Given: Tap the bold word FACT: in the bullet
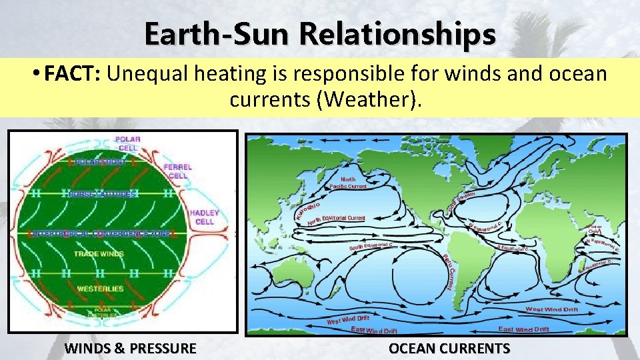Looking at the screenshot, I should pyautogui.click(x=71, y=73).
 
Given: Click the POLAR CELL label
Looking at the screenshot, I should pyautogui.click(x=128, y=143).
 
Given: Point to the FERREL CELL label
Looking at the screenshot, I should pyautogui.click(x=177, y=171).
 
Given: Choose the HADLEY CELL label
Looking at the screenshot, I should pyautogui.click(x=204, y=217).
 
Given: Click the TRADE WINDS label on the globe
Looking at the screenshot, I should pyautogui.click(x=98, y=254).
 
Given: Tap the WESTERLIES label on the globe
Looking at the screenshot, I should pyautogui.click(x=100, y=289).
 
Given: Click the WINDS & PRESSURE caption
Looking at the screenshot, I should pyautogui.click(x=130, y=348).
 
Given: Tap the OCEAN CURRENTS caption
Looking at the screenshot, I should pyautogui.click(x=449, y=348).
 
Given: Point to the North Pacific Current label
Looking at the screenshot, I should pyautogui.click(x=348, y=183).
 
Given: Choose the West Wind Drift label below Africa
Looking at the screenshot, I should pyautogui.click(x=552, y=309).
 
